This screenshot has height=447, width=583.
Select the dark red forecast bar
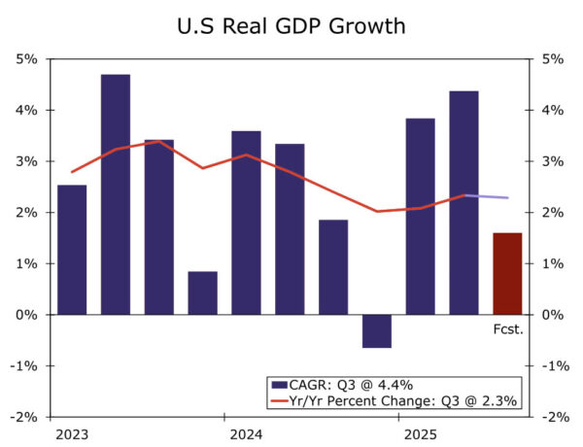(507, 273)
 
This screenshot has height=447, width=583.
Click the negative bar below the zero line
(376, 330)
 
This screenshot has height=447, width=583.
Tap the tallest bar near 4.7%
(116, 194)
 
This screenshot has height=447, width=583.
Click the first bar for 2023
(72, 250)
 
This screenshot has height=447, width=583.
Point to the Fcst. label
(507, 329)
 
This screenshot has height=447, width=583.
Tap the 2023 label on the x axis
(72, 432)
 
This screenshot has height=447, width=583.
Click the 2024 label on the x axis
(246, 432)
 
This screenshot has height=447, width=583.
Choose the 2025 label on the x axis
(420, 432)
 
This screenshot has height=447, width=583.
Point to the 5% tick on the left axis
(27, 59)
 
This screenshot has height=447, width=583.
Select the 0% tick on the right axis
(551, 315)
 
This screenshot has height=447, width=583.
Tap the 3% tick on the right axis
(551, 161)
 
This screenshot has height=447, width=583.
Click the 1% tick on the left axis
(27, 263)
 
